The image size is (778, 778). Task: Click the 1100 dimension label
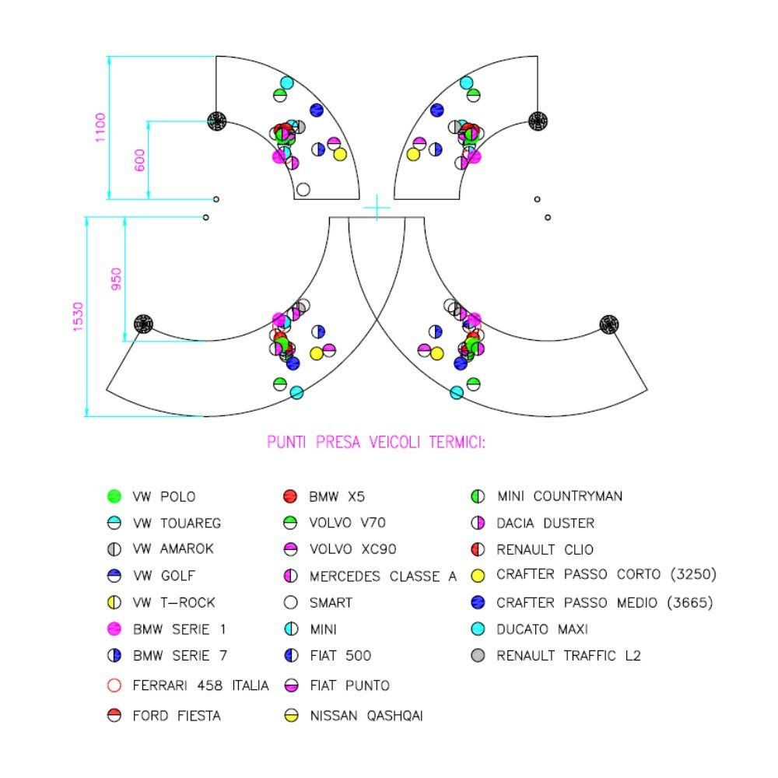coord(100,128)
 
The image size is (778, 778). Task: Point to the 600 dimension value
coord(140,160)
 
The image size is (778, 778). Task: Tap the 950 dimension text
coord(117,279)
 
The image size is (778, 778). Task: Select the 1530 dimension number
coord(79,317)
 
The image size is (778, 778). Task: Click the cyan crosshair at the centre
coord(377,208)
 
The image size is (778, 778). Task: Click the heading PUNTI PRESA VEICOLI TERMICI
coord(377,443)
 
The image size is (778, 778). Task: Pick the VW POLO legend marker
coord(114,496)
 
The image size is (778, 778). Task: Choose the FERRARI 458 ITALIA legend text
coord(202,686)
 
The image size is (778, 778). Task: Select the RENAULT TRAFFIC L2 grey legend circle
coord(478,656)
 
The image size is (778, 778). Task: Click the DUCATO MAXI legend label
coord(541,629)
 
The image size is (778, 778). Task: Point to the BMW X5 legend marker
coord(291,496)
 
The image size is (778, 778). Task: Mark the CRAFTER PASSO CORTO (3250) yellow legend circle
coord(478,576)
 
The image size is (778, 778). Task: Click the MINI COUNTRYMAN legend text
coord(559,496)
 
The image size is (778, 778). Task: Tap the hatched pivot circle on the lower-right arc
coord(608,323)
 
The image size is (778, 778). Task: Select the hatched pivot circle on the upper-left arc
coord(216,120)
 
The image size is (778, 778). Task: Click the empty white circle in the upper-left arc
coord(303,189)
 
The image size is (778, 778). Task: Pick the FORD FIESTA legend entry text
coord(177,716)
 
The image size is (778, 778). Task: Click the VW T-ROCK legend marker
coord(114,602)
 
